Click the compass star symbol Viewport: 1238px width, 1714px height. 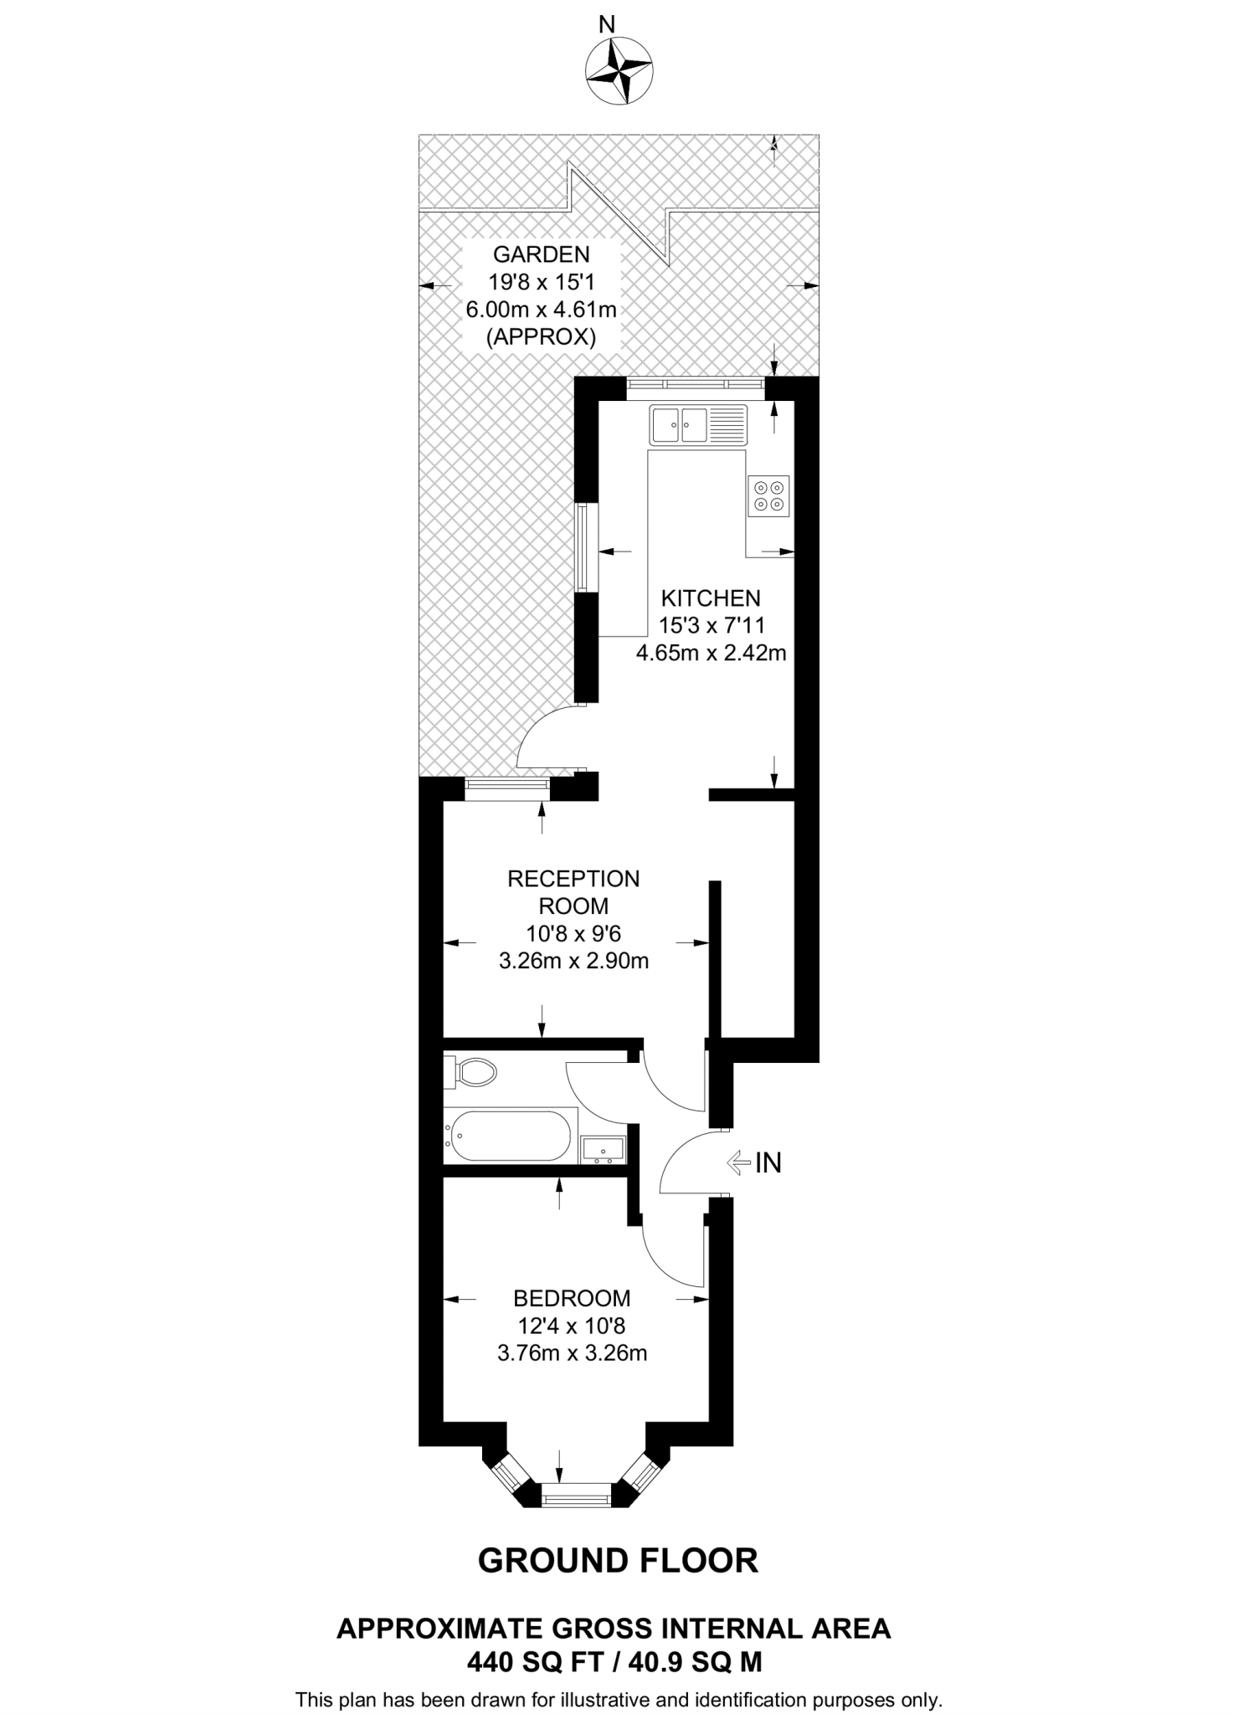click(x=619, y=72)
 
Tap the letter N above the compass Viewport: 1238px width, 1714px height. click(x=607, y=25)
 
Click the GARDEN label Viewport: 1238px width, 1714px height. click(x=541, y=254)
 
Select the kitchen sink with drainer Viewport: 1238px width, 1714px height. click(x=698, y=424)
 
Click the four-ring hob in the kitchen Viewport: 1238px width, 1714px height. click(x=768, y=494)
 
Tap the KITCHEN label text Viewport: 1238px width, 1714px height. click(x=711, y=598)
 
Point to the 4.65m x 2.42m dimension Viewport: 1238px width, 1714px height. click(x=711, y=653)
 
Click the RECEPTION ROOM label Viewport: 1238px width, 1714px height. click(x=573, y=892)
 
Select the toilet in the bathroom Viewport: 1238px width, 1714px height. click(x=472, y=1071)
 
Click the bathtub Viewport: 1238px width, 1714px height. click(x=509, y=1135)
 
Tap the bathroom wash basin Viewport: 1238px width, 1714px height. click(x=602, y=1149)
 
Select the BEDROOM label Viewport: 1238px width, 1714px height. click(x=572, y=1298)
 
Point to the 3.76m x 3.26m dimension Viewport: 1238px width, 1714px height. click(x=572, y=1353)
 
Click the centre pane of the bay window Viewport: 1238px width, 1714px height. click(x=576, y=1496)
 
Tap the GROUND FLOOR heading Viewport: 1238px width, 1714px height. click(x=618, y=1560)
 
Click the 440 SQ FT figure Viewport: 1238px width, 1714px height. click(x=536, y=1662)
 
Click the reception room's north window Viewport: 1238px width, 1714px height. click(x=507, y=783)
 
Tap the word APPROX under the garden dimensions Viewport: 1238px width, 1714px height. click(x=541, y=337)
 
